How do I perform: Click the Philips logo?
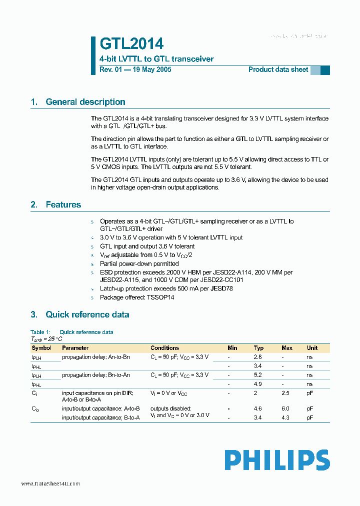277,460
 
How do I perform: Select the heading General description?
85,102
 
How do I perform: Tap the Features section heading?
63,204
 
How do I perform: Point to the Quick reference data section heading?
87,314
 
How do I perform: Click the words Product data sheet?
278,69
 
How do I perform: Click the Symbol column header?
41,348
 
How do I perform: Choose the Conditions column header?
164,348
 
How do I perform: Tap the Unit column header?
312,348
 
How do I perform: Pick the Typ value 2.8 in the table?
258,357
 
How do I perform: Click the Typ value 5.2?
258,375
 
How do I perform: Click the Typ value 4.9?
258,384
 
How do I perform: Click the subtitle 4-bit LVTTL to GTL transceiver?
156,59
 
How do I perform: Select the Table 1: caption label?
40,332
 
